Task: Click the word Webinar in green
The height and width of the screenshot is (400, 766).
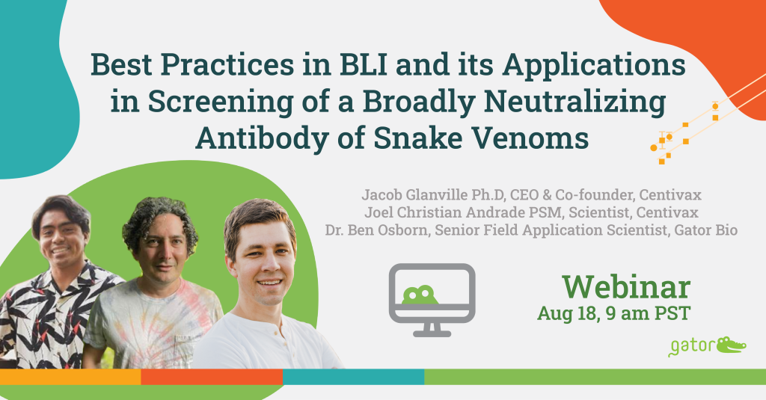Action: pos(626,287)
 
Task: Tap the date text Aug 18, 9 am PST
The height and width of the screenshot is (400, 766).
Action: pos(613,313)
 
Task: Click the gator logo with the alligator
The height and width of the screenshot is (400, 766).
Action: pos(707,346)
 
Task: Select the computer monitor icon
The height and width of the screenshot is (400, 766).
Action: pos(432,300)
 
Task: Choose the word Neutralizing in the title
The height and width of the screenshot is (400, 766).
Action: pos(574,102)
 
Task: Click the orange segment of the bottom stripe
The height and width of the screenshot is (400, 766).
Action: pos(212,377)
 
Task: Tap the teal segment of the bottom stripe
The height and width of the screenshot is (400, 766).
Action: pos(354,377)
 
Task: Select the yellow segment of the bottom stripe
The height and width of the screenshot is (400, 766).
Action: pos(70,377)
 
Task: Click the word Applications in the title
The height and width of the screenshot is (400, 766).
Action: pos(594,66)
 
